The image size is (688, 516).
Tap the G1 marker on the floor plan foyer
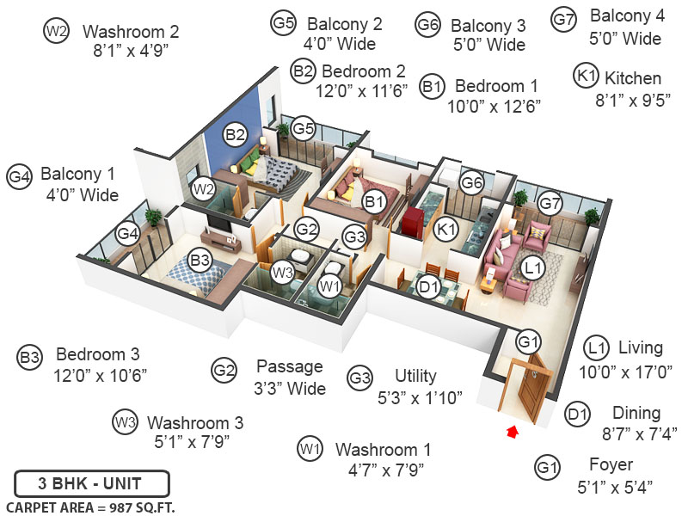pos(526,341)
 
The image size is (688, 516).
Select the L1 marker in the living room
pos(532,268)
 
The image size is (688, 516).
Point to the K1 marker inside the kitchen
pos(445,230)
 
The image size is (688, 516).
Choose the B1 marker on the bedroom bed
pos(373,202)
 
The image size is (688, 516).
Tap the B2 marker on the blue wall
pos(236,134)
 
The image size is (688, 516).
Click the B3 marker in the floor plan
pos(200,260)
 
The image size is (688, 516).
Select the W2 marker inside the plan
pos(203,187)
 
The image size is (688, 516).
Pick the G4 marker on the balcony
pos(127,233)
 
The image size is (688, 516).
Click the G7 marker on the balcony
pos(550,204)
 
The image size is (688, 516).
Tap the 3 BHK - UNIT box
pos(91,482)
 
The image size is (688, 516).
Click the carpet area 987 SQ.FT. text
pos(90,507)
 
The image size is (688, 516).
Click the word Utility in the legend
pos(415,376)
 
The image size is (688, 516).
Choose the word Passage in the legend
pos(289,366)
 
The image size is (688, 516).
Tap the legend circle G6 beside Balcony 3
pos(427,25)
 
